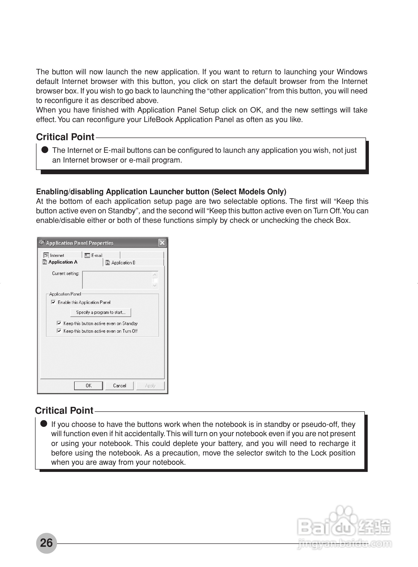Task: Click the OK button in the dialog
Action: tap(88, 386)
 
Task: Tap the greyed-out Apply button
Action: tap(150, 386)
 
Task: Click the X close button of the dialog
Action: tap(162, 243)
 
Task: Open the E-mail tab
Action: tap(97, 255)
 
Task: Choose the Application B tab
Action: tap(123, 262)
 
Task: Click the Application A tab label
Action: tap(63, 262)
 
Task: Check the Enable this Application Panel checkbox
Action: tap(53, 302)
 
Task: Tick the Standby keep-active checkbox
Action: tap(59, 323)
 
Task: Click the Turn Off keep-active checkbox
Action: tap(59, 331)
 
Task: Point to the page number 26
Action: tap(46, 543)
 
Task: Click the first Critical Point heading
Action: tap(65, 137)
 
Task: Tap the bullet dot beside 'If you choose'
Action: tap(44, 424)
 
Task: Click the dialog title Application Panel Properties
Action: tap(80, 243)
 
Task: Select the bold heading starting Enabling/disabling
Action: tap(161, 192)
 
